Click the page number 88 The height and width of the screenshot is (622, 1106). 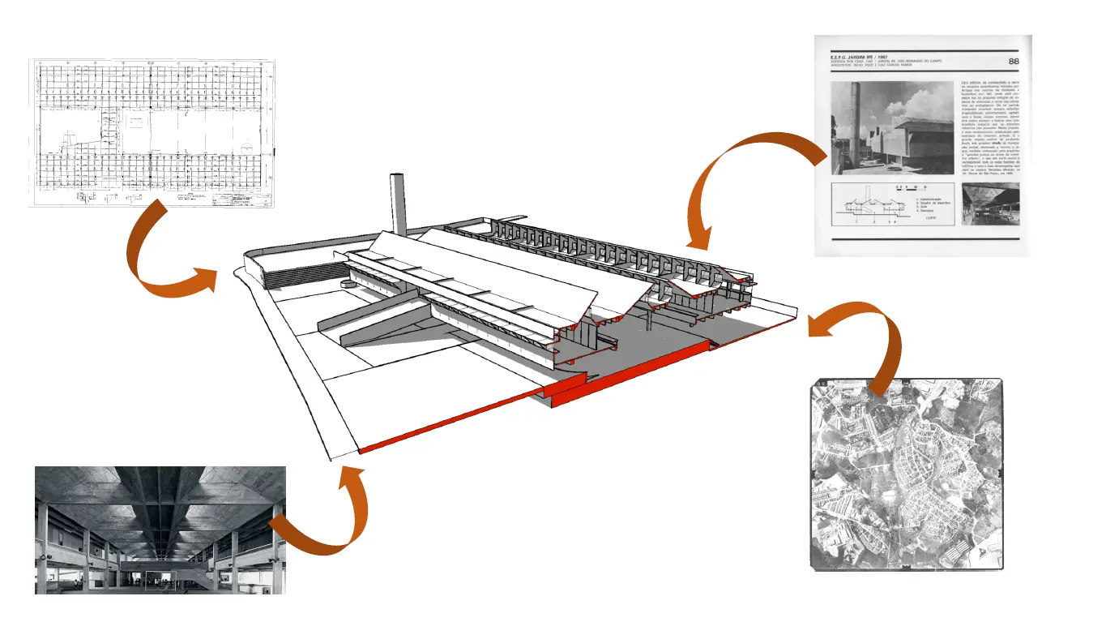tap(1013, 62)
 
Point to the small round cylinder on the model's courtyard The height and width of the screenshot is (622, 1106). tap(350, 284)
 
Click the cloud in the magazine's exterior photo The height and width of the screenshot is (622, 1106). tap(924, 101)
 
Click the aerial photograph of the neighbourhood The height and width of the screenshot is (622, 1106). tap(907, 474)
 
